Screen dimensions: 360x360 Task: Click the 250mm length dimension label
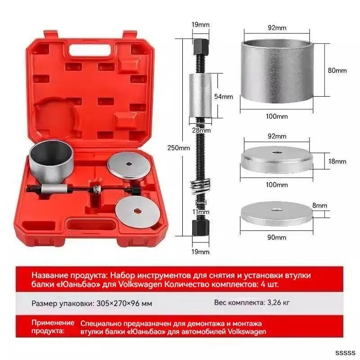(x=178, y=148)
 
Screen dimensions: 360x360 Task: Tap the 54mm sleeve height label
(x=223, y=97)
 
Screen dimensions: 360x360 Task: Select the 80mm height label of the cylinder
(x=337, y=71)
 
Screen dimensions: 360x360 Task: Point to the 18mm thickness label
(x=337, y=162)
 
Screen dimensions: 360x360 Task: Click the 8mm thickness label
(x=319, y=205)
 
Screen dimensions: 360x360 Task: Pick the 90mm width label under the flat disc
(x=277, y=237)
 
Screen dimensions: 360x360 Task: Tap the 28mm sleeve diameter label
(x=201, y=130)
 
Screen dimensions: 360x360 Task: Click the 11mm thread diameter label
(x=201, y=211)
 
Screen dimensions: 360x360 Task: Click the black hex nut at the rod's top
(x=201, y=46)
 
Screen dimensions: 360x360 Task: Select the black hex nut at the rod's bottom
(x=200, y=227)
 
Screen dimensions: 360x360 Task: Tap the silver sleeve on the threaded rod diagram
(x=200, y=95)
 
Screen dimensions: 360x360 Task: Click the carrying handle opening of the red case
(x=90, y=50)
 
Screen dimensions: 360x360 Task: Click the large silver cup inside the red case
(x=51, y=162)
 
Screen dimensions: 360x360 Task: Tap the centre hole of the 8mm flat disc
(x=276, y=210)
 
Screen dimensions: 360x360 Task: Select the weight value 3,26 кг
(x=278, y=302)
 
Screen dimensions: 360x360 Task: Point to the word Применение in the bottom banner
(x=53, y=323)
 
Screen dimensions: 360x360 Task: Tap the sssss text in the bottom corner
(x=345, y=353)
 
